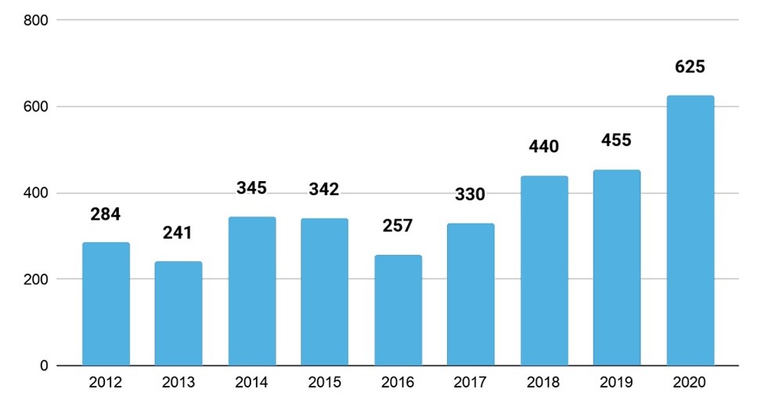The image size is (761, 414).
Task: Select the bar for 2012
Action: tap(106, 304)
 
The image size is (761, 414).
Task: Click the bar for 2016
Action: tap(398, 310)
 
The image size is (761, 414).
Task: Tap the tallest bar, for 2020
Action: tap(690, 231)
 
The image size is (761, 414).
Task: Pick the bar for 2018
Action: tap(544, 271)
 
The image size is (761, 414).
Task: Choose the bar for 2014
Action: tap(251, 291)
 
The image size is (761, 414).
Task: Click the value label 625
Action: tap(690, 67)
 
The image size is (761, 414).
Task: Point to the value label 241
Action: tap(179, 233)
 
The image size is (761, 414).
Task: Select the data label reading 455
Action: tap(617, 140)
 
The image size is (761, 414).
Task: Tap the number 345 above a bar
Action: tap(251, 188)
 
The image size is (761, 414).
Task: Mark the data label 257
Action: tap(398, 225)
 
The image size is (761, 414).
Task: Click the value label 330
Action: tap(471, 194)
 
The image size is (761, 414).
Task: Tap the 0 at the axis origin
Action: tap(44, 365)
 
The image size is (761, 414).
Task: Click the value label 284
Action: tap(106, 214)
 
